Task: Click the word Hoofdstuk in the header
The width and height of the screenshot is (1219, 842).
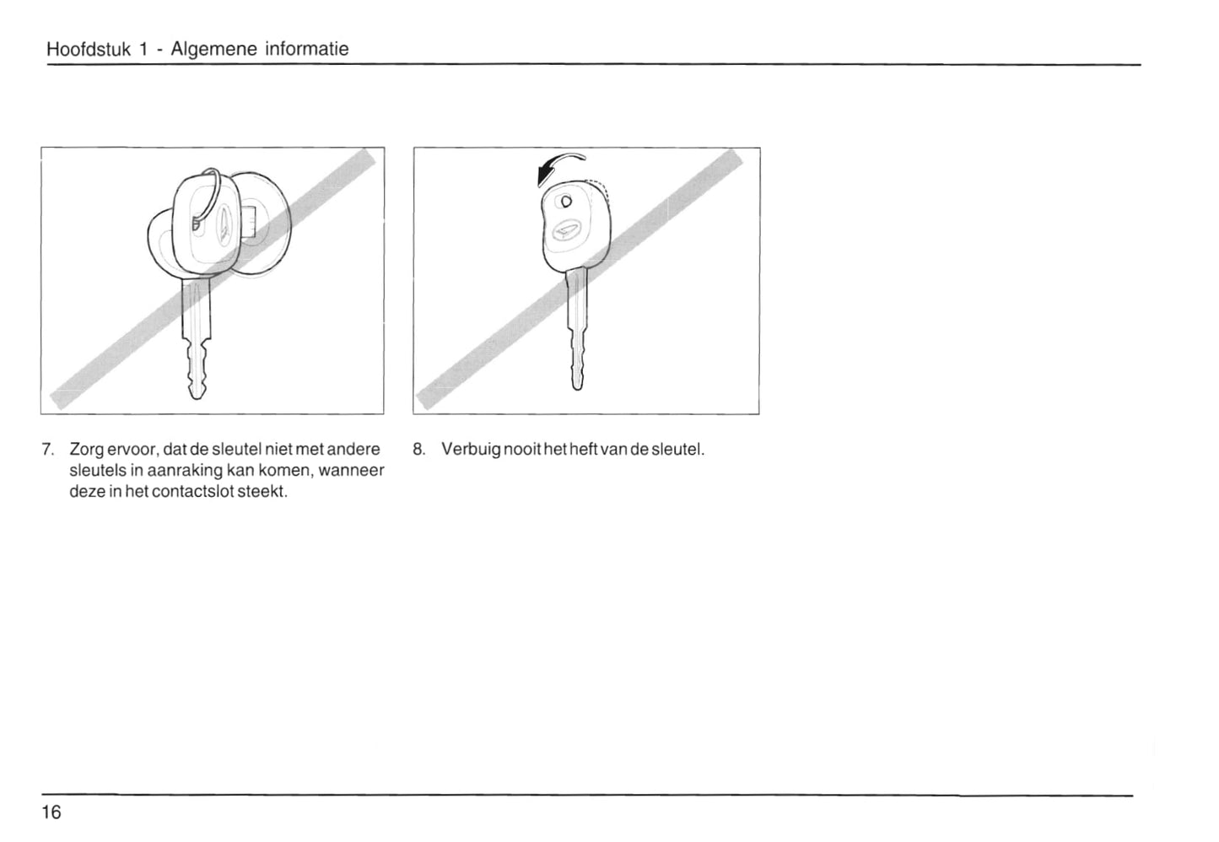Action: click(89, 49)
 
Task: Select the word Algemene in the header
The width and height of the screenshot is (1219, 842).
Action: click(214, 50)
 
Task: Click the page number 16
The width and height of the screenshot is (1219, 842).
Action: click(51, 812)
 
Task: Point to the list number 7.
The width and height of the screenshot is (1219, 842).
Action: click(47, 450)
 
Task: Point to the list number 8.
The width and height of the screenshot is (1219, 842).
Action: click(418, 450)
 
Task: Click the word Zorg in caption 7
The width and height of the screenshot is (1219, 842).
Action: click(87, 451)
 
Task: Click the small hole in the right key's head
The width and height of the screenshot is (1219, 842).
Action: click(566, 202)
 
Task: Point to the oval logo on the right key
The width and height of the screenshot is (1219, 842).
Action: click(567, 231)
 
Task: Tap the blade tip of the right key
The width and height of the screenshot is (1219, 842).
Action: click(577, 386)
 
